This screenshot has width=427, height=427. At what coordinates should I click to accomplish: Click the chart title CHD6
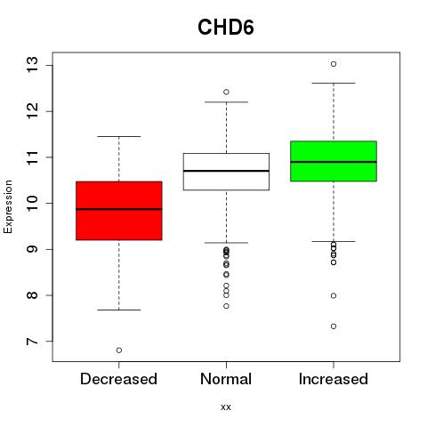226,28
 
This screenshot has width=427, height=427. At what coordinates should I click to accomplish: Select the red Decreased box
119,211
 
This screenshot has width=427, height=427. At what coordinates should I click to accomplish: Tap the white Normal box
226,172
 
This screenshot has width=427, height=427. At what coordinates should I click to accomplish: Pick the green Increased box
334,161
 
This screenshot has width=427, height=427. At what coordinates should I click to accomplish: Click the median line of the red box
119,209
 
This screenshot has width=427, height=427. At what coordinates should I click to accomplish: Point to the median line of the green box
334,162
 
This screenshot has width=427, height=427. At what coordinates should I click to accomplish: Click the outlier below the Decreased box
119,350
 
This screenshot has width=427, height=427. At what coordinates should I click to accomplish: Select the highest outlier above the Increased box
334,64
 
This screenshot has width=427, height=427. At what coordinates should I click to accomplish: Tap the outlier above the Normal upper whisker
226,92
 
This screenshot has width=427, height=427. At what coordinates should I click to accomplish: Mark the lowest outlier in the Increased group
334,326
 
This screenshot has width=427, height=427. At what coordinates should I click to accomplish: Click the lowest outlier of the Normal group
226,306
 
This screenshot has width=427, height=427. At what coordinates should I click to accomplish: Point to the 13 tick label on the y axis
32,65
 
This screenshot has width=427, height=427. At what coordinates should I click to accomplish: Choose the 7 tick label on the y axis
32,342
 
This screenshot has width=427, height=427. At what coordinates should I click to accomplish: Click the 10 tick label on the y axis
32,203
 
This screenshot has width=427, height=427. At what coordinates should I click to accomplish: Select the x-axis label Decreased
118,379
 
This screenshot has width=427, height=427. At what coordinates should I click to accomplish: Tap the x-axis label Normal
226,379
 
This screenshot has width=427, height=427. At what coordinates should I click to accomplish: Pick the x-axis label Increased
334,379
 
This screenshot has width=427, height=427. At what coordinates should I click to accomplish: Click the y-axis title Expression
8,206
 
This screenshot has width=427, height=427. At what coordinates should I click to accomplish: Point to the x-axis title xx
226,407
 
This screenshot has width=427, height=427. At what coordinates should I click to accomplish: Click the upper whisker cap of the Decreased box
119,136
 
